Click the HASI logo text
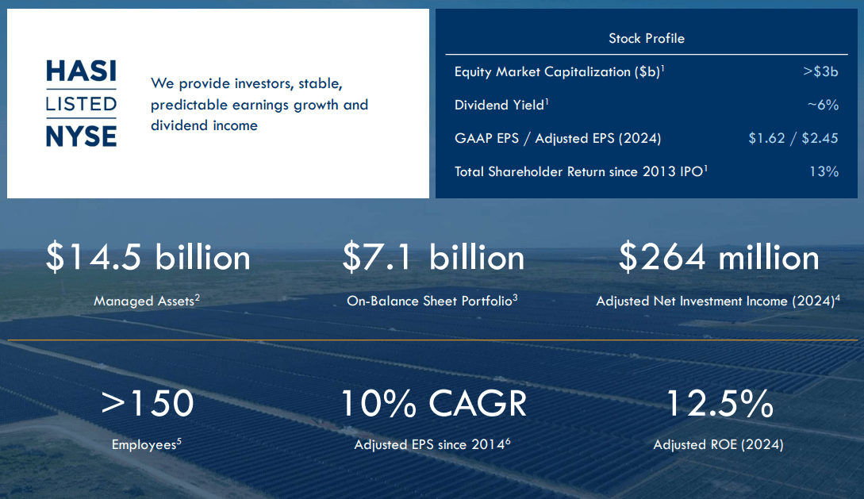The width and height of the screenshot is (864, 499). (x=81, y=72)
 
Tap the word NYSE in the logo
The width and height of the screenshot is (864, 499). (x=81, y=136)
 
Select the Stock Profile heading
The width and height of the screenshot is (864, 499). (x=646, y=38)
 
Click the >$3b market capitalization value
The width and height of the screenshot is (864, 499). (x=820, y=71)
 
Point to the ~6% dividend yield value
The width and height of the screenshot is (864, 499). (x=823, y=105)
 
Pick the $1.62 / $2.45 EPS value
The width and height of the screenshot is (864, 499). (x=793, y=138)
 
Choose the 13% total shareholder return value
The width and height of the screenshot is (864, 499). (x=824, y=171)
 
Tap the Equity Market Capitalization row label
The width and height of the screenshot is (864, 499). (x=559, y=71)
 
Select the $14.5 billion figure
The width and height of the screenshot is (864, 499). (x=148, y=258)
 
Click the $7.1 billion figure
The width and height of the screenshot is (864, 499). (x=433, y=258)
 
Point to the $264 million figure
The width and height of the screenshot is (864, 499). (x=719, y=258)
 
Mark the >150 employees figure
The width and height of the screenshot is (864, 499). (x=148, y=403)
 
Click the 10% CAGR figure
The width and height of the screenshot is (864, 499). (x=433, y=403)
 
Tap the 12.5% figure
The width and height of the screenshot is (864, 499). (x=719, y=403)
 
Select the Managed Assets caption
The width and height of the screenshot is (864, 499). (x=146, y=301)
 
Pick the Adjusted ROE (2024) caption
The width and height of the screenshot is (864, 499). (x=718, y=445)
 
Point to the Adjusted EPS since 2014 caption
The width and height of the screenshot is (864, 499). (x=432, y=445)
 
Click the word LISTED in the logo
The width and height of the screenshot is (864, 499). (x=81, y=104)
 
